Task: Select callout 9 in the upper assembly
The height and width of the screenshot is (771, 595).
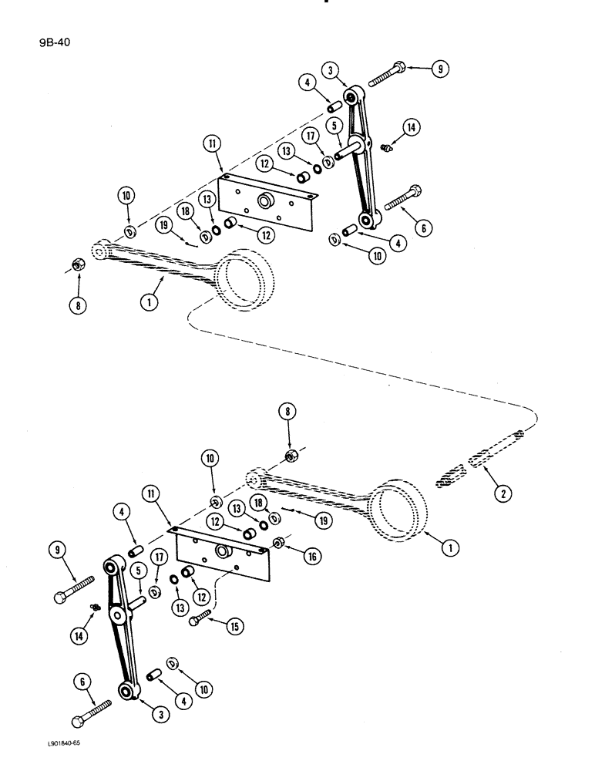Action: tap(439, 69)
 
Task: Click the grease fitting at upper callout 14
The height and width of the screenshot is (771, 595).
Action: tap(387, 145)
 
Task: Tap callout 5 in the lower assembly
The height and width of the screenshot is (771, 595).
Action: tap(137, 571)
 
